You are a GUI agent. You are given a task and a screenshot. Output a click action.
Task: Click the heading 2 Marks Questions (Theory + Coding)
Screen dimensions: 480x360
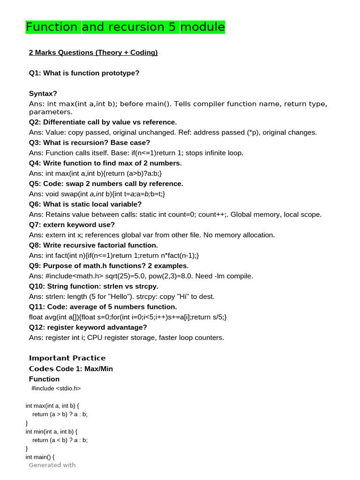click(93, 52)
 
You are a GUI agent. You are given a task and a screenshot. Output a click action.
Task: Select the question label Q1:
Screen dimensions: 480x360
click(35, 73)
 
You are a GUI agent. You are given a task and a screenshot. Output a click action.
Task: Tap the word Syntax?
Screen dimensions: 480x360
click(43, 93)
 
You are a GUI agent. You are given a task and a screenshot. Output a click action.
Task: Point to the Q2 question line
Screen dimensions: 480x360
click(103, 122)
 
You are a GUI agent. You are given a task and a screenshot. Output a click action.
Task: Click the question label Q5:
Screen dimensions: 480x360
click(35, 183)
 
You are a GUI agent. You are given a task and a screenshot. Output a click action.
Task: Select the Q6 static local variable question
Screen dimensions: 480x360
click(85, 204)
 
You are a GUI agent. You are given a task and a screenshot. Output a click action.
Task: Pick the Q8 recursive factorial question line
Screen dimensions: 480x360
click(93, 245)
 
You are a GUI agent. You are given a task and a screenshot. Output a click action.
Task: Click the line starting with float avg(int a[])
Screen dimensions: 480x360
click(127, 317)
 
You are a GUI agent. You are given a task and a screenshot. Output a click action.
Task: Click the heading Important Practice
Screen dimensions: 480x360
click(67, 358)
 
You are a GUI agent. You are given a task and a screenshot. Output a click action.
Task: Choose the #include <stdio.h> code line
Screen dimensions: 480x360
click(56, 388)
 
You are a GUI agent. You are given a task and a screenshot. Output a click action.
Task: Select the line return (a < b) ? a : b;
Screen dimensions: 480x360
click(60, 440)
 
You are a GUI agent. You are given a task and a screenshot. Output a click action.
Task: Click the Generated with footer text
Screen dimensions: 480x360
click(52, 465)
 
